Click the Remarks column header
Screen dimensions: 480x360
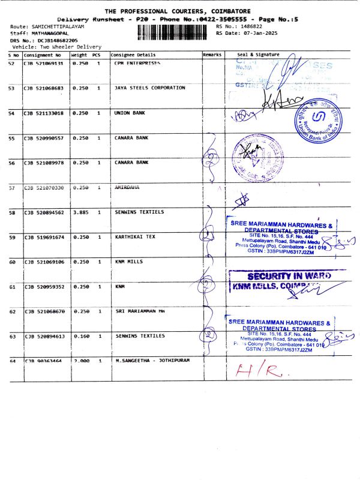(x=212, y=55)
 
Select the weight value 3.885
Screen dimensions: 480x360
(x=80, y=212)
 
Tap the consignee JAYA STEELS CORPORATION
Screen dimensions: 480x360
(x=149, y=88)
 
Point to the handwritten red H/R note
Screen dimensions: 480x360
(x=260, y=370)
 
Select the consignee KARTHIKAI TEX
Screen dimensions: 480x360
(x=134, y=236)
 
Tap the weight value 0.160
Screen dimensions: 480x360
(x=80, y=336)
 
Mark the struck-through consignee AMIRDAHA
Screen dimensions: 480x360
(x=127, y=187)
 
